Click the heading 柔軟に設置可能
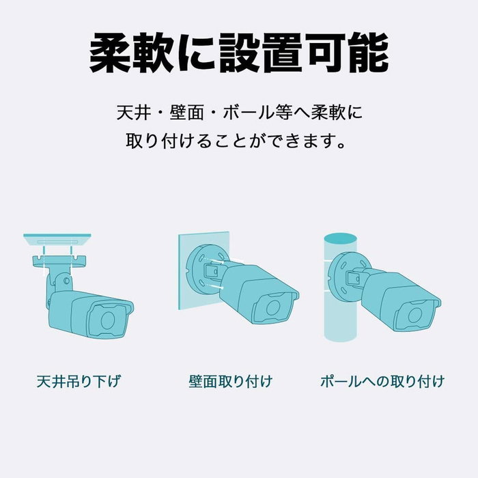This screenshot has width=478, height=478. (239, 53)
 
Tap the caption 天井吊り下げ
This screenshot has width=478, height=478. (79, 381)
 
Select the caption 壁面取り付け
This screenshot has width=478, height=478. (231, 381)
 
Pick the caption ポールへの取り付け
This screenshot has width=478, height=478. (382, 381)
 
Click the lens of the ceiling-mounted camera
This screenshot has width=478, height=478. (107, 320)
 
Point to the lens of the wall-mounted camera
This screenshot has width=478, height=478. (272, 307)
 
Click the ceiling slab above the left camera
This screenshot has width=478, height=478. (57, 240)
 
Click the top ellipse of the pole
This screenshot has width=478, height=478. (340, 238)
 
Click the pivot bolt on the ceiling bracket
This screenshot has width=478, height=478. (66, 281)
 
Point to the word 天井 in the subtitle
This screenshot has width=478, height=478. (134, 113)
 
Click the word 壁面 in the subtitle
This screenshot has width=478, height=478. (186, 113)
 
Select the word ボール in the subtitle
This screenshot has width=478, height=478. (248, 113)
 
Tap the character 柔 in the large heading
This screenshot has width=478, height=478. (110, 53)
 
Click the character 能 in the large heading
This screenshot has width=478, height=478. (368, 53)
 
